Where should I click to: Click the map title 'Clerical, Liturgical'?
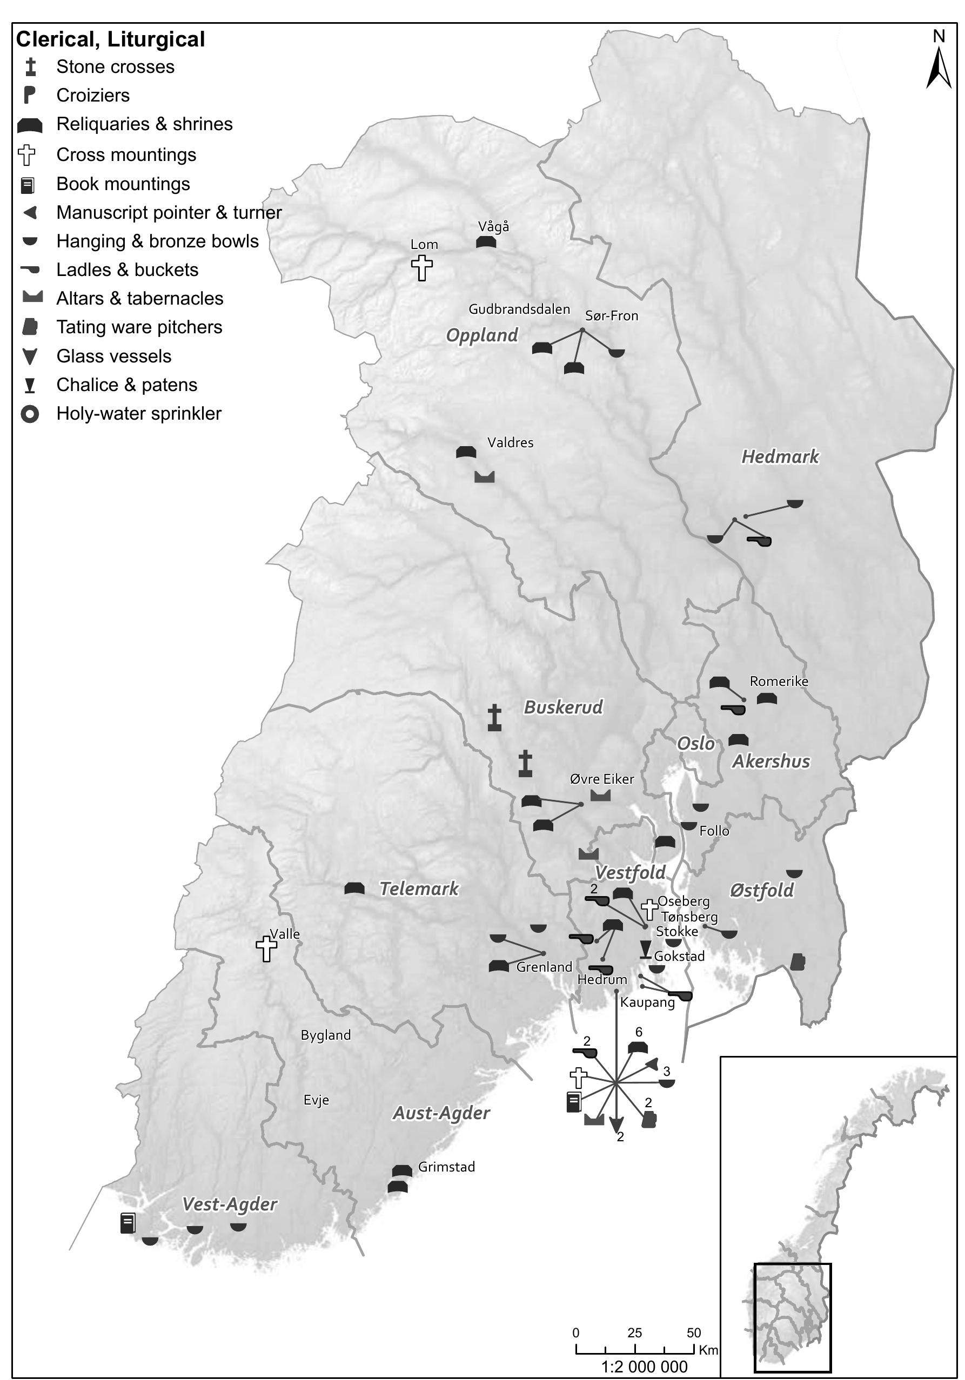110,39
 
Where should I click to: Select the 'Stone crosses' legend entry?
115,67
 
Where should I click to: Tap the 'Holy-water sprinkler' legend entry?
138,414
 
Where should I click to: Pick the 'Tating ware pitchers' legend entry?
139,327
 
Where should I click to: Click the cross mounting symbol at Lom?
422,267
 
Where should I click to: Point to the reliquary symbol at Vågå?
486,241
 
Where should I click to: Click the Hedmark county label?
779,457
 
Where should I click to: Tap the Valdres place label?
510,443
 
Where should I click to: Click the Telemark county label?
419,889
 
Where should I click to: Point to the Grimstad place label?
446,1167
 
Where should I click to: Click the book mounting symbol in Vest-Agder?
128,1223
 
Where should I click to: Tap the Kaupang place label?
647,1002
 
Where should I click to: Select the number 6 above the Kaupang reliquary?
639,1032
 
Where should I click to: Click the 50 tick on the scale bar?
693,1332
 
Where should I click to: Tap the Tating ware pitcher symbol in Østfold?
798,961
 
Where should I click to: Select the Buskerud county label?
563,708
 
